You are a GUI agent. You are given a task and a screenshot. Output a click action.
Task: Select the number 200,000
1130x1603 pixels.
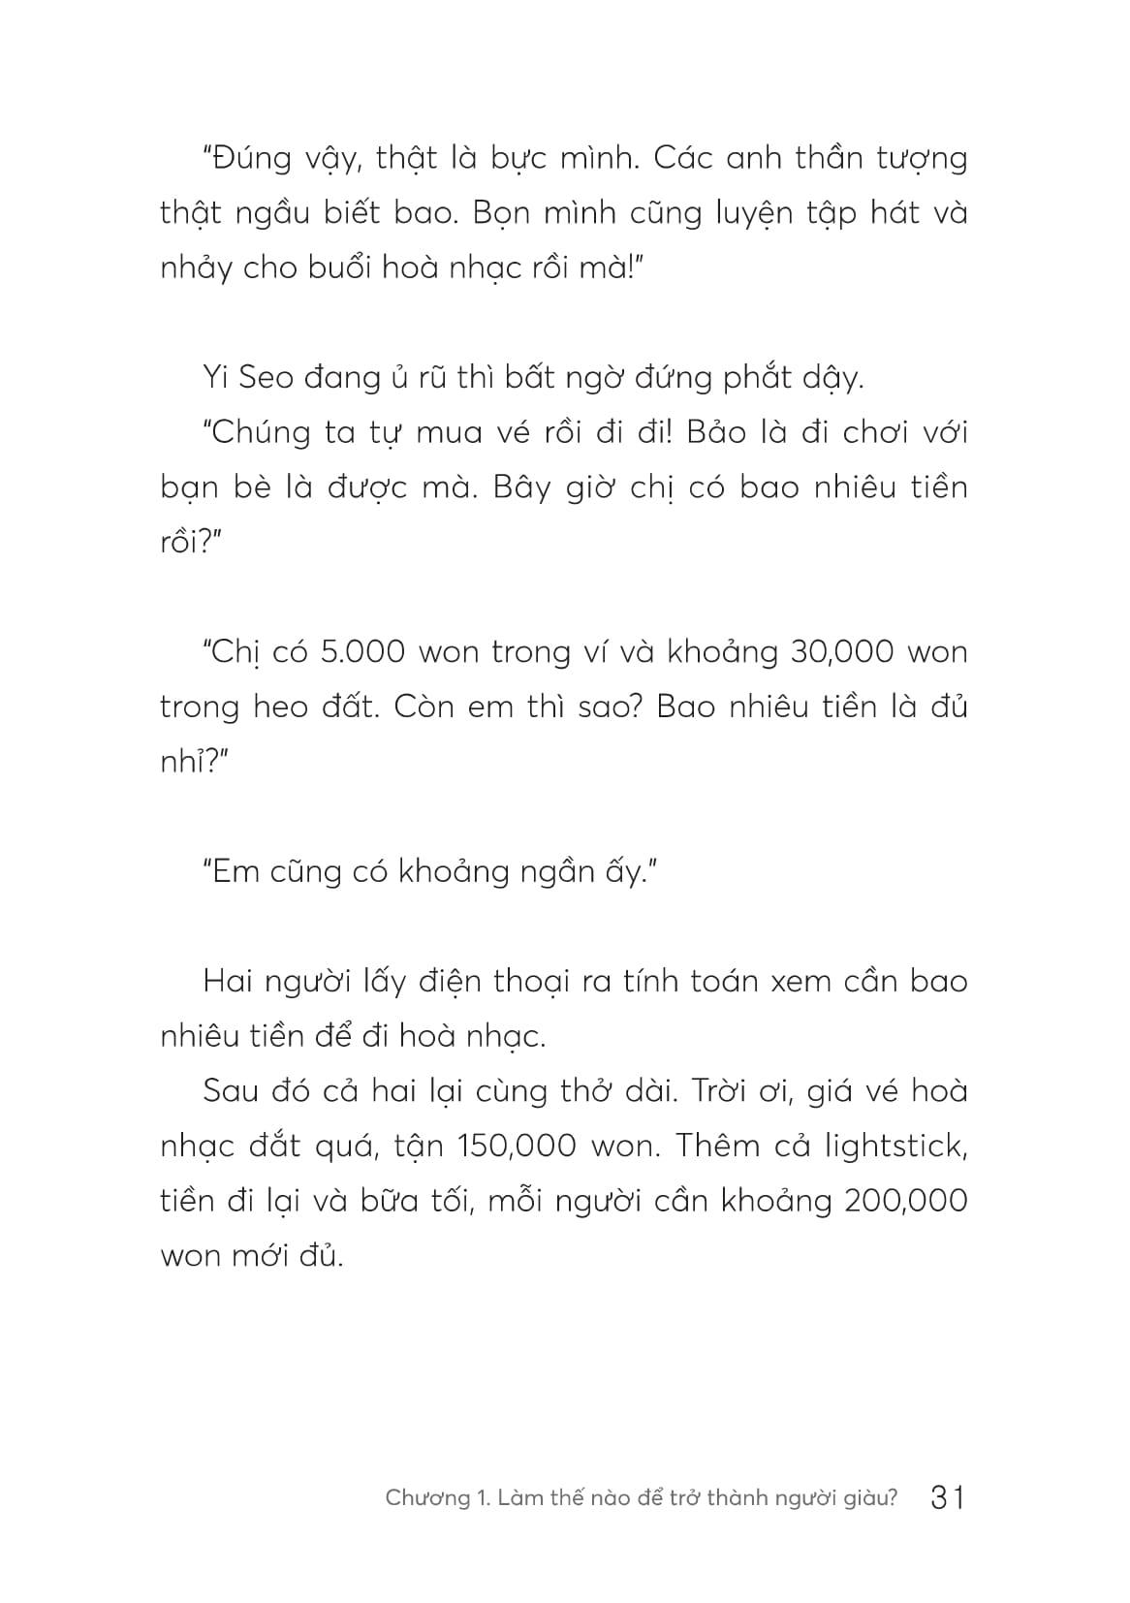point(906,1201)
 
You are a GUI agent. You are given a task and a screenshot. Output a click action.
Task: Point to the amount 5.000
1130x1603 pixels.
point(361,652)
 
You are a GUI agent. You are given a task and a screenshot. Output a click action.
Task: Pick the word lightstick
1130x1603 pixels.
point(896,1146)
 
